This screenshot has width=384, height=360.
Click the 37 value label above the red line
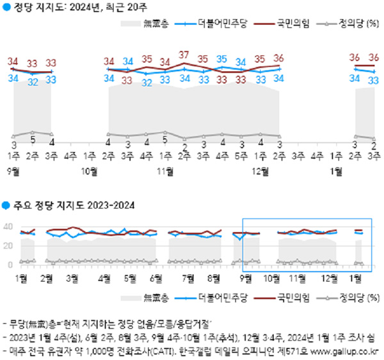coord(185,54)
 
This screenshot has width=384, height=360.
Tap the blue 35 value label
coord(223,60)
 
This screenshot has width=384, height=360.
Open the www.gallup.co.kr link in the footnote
coord(343,351)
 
